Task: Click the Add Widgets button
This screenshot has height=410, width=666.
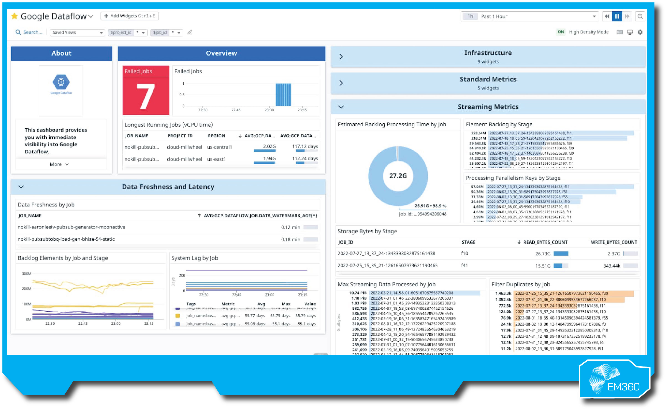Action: coord(130,16)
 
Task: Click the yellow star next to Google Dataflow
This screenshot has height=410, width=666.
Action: coord(14,16)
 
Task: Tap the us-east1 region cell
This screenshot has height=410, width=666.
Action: coord(216,159)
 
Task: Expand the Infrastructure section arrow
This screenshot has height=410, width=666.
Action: coord(341,57)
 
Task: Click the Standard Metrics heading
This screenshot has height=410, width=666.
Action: coord(488,79)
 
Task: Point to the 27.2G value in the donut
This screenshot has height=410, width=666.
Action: coord(398,176)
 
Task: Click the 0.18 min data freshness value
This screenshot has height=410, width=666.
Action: coord(291,239)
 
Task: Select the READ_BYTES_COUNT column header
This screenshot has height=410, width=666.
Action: coord(545,242)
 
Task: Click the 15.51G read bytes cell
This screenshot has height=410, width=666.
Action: coord(543,266)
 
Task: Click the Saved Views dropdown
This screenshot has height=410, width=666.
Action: coord(77,33)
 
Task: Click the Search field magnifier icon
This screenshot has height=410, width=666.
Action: coord(18,32)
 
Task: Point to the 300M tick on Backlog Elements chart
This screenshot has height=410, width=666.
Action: coord(27,274)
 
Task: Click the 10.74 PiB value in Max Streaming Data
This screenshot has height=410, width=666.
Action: coord(358,293)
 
